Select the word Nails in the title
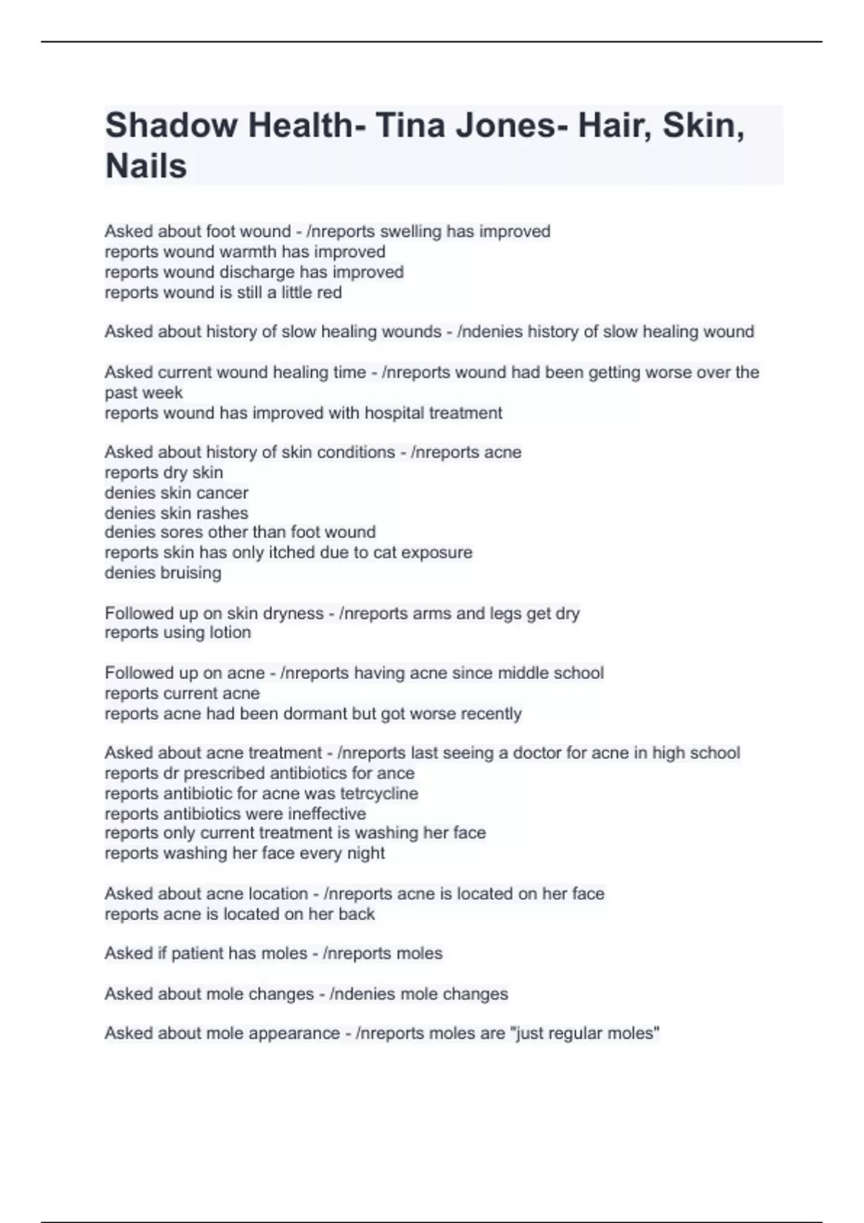tap(146, 166)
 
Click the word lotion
tap(230, 632)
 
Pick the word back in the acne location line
tap(358, 914)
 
